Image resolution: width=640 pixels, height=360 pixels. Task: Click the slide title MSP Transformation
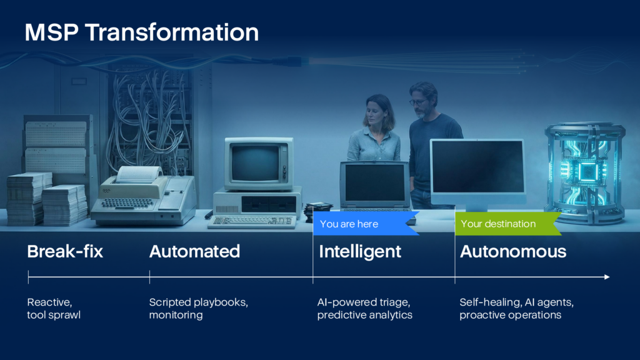coord(142,32)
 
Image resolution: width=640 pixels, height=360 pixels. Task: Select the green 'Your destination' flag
coord(508,224)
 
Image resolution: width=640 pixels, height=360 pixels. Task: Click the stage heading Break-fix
coord(65,251)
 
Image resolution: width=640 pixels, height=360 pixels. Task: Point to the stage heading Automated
coord(195,251)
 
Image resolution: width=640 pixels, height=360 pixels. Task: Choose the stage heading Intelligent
coord(360,252)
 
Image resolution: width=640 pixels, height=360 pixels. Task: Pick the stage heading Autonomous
coord(513,251)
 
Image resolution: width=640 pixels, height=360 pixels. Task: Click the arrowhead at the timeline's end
coord(607,277)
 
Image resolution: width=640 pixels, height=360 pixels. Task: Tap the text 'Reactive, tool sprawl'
coord(54,309)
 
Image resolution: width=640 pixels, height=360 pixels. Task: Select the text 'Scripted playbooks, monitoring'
coord(198,309)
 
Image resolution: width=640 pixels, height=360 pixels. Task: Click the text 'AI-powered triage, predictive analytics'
coord(365,309)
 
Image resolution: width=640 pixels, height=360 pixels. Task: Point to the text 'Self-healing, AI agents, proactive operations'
coord(517,309)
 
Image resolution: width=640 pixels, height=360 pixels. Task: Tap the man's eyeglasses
coord(418,102)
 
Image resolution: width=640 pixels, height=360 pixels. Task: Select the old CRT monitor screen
coord(255,163)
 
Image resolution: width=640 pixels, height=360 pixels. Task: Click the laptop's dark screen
coord(375,183)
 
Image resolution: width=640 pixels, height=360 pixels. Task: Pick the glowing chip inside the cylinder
coord(587,172)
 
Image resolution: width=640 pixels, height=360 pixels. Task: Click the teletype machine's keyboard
coord(127,203)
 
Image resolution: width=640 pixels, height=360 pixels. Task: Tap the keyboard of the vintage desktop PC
coord(252,221)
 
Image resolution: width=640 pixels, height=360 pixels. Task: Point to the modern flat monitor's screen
coord(477,166)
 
